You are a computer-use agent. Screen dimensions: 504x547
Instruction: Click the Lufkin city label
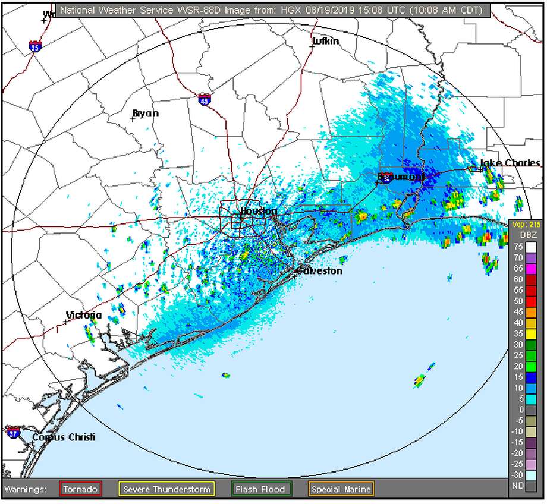click(326, 41)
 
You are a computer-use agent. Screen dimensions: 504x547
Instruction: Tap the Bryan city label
click(146, 113)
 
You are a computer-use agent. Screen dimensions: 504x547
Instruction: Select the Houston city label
click(259, 212)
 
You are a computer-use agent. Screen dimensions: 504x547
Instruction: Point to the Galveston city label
click(319, 271)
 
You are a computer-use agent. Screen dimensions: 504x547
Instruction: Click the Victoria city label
click(84, 315)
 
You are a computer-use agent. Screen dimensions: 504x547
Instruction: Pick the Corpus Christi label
click(64, 437)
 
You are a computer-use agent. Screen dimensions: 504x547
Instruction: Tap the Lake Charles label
click(510, 163)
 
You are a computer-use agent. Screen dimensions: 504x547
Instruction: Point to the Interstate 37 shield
click(14, 432)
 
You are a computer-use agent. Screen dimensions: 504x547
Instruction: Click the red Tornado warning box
click(81, 489)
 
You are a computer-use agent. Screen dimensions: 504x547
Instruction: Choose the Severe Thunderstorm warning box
click(166, 489)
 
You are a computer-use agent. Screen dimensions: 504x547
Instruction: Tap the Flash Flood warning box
click(262, 489)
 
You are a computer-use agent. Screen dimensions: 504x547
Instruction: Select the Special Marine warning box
click(341, 489)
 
